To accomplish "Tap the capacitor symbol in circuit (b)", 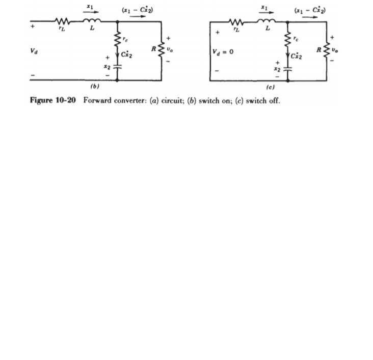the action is click(x=118, y=66).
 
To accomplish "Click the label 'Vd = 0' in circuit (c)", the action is click(x=225, y=51).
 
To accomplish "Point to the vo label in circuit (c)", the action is click(x=334, y=51).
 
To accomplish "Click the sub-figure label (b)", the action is click(x=94, y=86).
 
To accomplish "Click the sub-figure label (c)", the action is click(x=267, y=86).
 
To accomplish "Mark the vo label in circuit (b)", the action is click(x=170, y=51).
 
